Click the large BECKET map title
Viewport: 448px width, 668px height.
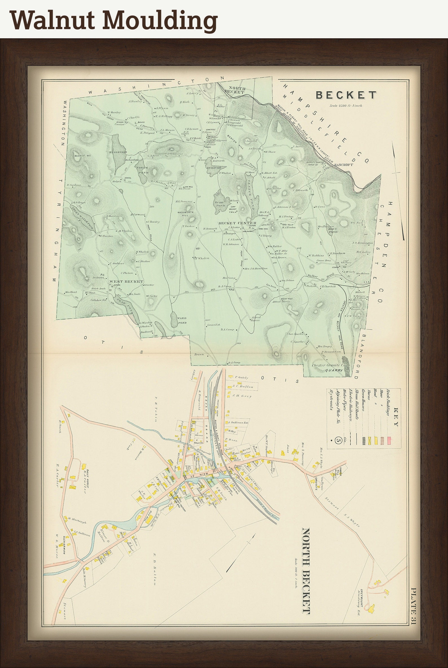(346, 95)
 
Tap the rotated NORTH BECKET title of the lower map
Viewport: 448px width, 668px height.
(306, 568)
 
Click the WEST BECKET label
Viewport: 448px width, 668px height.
(126, 282)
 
